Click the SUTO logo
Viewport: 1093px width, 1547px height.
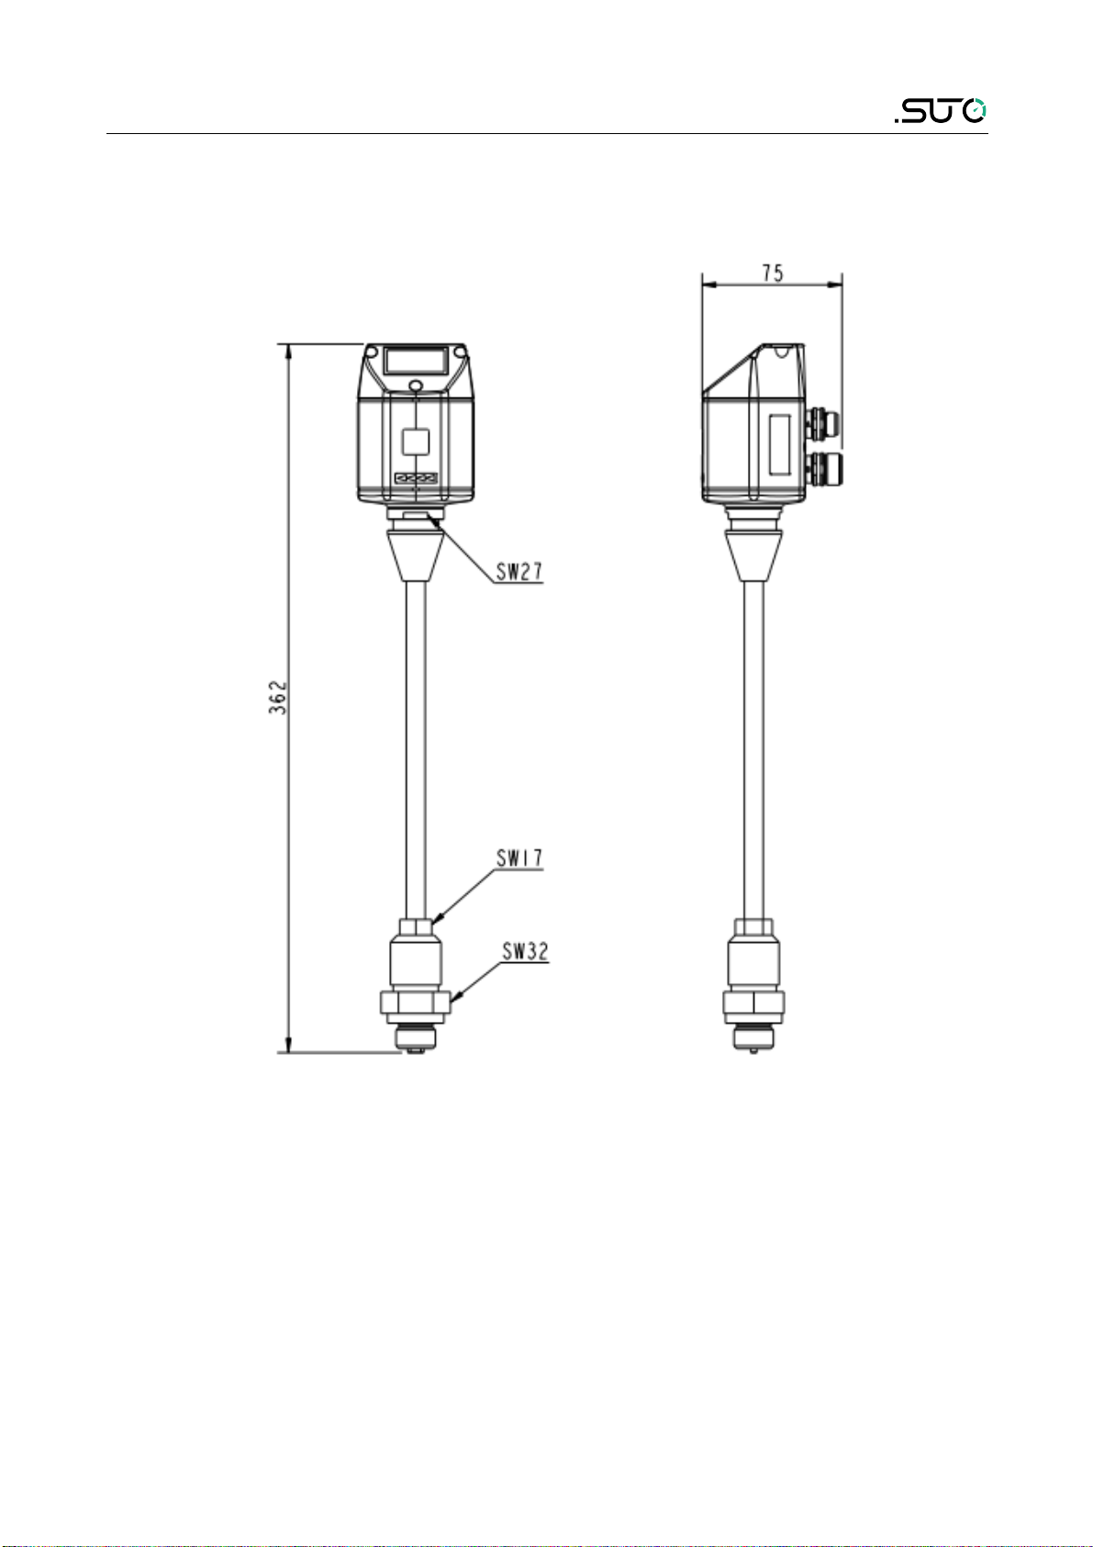coord(940,111)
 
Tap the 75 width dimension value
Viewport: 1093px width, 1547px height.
coord(773,274)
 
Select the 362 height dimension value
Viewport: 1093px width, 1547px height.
coord(278,698)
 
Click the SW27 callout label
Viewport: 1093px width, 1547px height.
coord(519,572)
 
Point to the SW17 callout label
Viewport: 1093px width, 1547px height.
coord(519,858)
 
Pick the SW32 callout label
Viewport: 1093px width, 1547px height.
coord(525,952)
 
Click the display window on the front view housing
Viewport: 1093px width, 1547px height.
coord(416,361)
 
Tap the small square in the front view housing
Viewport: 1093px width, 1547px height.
coord(416,441)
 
